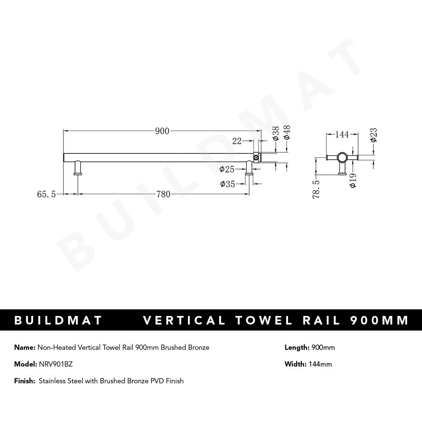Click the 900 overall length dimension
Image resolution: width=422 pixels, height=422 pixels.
click(x=162, y=131)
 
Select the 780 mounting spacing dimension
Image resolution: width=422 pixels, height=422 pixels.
click(x=163, y=194)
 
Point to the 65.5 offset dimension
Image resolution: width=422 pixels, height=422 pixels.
click(x=47, y=194)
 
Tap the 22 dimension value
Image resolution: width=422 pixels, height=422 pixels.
click(x=237, y=141)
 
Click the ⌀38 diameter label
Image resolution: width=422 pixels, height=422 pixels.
click(x=276, y=133)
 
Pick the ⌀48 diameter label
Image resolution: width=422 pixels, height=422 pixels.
click(x=287, y=132)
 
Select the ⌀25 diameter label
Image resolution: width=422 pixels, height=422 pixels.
click(x=227, y=169)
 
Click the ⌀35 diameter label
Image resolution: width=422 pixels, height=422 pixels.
click(x=227, y=184)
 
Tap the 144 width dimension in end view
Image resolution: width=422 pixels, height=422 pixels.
click(x=342, y=134)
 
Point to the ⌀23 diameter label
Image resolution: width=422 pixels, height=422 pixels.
click(x=374, y=135)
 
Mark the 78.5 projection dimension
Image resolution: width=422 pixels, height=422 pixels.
click(x=316, y=189)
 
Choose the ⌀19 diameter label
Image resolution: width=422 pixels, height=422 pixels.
click(x=353, y=180)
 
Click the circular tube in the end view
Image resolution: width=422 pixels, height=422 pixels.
click(x=342, y=158)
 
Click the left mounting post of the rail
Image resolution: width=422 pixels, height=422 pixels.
click(x=78, y=167)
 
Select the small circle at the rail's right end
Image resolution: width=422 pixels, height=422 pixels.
click(x=256, y=158)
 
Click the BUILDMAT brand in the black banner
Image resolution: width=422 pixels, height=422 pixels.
click(x=58, y=320)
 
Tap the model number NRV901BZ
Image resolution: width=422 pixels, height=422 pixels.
click(x=56, y=364)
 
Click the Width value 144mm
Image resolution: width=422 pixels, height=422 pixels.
click(x=320, y=364)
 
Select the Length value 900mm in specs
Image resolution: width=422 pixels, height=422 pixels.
click(x=323, y=347)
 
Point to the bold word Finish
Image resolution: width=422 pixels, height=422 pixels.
click(x=25, y=381)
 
